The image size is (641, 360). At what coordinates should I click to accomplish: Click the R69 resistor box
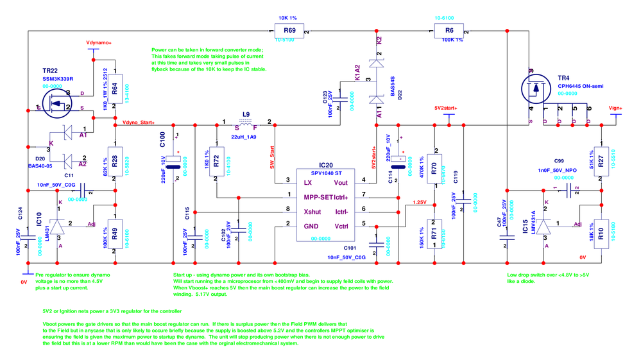click(x=289, y=31)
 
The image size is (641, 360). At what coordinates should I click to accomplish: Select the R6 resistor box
click(x=449, y=31)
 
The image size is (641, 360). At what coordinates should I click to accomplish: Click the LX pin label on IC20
click(x=308, y=182)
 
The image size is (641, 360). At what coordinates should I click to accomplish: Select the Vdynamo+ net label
click(x=99, y=42)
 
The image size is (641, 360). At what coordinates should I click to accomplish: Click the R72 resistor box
click(x=216, y=162)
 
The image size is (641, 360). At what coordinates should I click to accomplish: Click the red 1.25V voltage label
click(x=418, y=202)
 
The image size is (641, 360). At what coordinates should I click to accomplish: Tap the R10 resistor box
click(x=601, y=231)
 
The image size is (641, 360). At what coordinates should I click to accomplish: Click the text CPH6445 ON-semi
click(x=580, y=86)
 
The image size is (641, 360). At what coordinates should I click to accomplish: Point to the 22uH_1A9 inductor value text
click(x=244, y=137)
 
